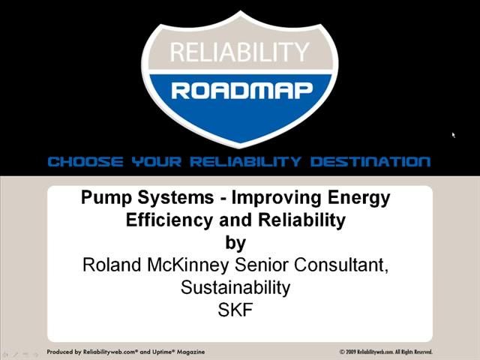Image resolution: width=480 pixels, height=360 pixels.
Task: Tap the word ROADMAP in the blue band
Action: (x=239, y=91)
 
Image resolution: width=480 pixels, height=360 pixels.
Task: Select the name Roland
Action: (x=110, y=265)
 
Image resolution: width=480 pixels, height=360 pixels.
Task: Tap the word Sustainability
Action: (x=235, y=287)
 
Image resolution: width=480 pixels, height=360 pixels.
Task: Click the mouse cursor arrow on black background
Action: (x=454, y=136)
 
